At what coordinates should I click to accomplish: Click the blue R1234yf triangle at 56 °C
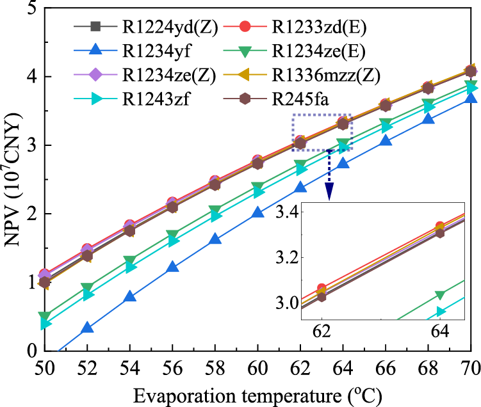172,267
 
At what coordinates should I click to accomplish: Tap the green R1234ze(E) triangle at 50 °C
44,316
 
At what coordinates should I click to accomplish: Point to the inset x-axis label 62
322,332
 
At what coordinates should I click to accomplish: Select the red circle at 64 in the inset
439,227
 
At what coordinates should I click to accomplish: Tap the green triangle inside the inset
440,295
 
